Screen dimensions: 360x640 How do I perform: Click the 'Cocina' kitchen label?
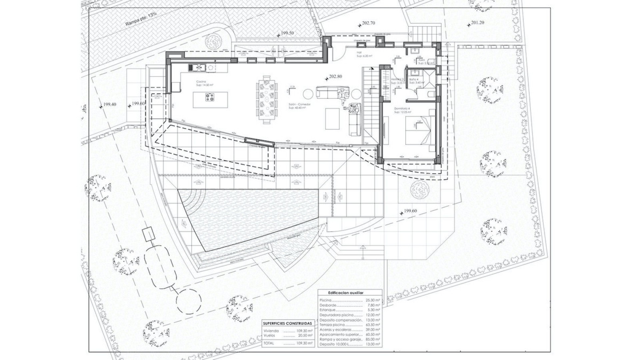point(201,82)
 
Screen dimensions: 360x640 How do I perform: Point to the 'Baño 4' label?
point(414,79)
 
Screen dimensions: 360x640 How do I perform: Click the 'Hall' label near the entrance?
point(359,52)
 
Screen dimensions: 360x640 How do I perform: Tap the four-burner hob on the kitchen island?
point(210,98)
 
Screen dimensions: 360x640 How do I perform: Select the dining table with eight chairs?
point(267,99)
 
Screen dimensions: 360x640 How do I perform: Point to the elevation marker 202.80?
point(335,76)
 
